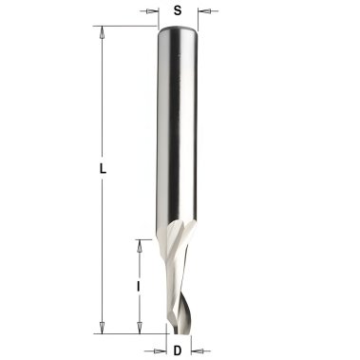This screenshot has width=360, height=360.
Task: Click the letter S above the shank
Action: (x=178, y=10)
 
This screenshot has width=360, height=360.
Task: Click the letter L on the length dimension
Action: (x=103, y=169)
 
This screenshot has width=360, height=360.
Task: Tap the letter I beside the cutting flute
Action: (x=138, y=287)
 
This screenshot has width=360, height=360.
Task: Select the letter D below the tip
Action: (x=178, y=351)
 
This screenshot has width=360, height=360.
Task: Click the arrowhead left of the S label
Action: (x=152, y=11)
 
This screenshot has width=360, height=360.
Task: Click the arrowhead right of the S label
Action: (x=204, y=11)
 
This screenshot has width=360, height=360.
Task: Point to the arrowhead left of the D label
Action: (x=161, y=351)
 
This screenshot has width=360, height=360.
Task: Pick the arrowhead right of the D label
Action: (x=198, y=351)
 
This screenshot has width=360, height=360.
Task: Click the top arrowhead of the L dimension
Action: (x=102, y=32)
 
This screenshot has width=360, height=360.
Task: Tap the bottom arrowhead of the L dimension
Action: (x=102, y=327)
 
